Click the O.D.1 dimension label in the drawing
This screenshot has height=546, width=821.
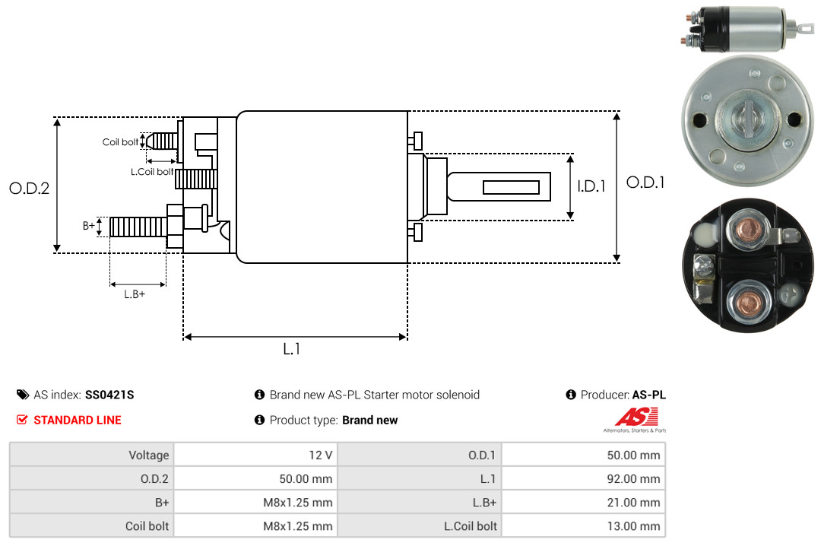coord(645,183)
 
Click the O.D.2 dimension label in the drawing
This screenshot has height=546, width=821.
coord(30,188)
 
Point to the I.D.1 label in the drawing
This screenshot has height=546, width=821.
coord(591,186)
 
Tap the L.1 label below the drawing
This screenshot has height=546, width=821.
coord(292,349)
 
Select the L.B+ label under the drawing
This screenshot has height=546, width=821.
coord(135,294)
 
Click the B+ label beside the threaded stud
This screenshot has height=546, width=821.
coord(88,226)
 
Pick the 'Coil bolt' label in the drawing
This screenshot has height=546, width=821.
coord(120,142)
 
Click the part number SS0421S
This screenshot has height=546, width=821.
coord(109,395)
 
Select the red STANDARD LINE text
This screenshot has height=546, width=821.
coord(78,421)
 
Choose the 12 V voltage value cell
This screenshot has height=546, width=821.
coord(255,455)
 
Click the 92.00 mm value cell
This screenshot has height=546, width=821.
coord(583,479)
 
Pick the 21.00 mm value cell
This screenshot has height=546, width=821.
coord(583,503)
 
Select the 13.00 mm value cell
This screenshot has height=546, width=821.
coord(583,526)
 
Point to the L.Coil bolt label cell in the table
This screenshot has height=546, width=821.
coord(420,526)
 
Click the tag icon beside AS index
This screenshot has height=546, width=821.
coord(23,395)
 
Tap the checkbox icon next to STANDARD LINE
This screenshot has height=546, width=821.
coord(22,420)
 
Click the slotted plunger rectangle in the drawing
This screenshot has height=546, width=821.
coord(511,187)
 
